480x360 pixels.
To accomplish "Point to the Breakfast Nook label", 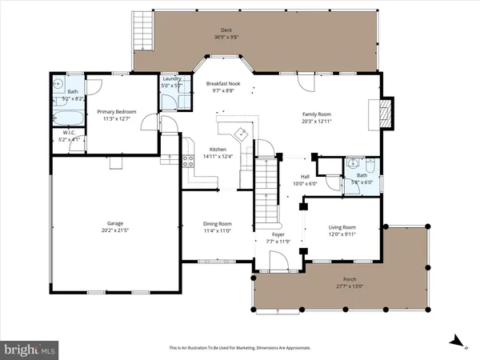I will click(x=224, y=83).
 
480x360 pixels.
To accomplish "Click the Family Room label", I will click(x=317, y=114).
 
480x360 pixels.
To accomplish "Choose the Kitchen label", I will click(x=218, y=150).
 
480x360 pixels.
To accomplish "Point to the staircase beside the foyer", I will click(x=266, y=196).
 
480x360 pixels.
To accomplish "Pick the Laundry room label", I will click(x=171, y=78).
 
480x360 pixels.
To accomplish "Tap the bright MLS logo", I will click(x=30, y=349).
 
